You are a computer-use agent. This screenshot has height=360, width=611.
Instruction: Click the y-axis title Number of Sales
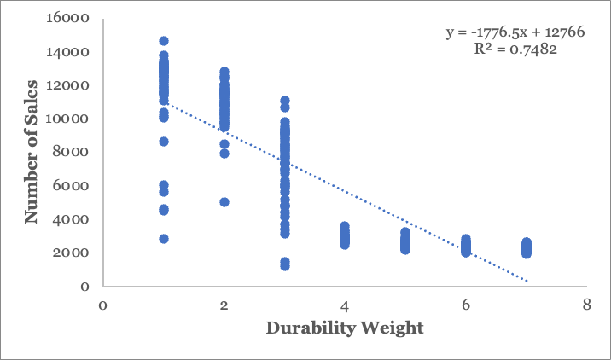(32, 152)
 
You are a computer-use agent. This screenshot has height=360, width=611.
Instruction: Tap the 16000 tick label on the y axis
(74, 19)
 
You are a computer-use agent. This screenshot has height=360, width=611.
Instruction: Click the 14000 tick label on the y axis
(74, 52)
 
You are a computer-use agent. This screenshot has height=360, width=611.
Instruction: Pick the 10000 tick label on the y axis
(74, 119)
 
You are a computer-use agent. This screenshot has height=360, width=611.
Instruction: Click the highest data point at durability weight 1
(163, 41)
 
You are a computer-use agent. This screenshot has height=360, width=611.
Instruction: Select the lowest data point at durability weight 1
(163, 239)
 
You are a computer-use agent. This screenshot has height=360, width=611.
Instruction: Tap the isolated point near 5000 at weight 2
(224, 202)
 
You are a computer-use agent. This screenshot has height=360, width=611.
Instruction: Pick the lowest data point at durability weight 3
(284, 266)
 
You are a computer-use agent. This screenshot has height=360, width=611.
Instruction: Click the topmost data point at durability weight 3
(284, 101)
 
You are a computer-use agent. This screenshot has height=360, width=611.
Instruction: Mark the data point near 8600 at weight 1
(163, 142)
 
